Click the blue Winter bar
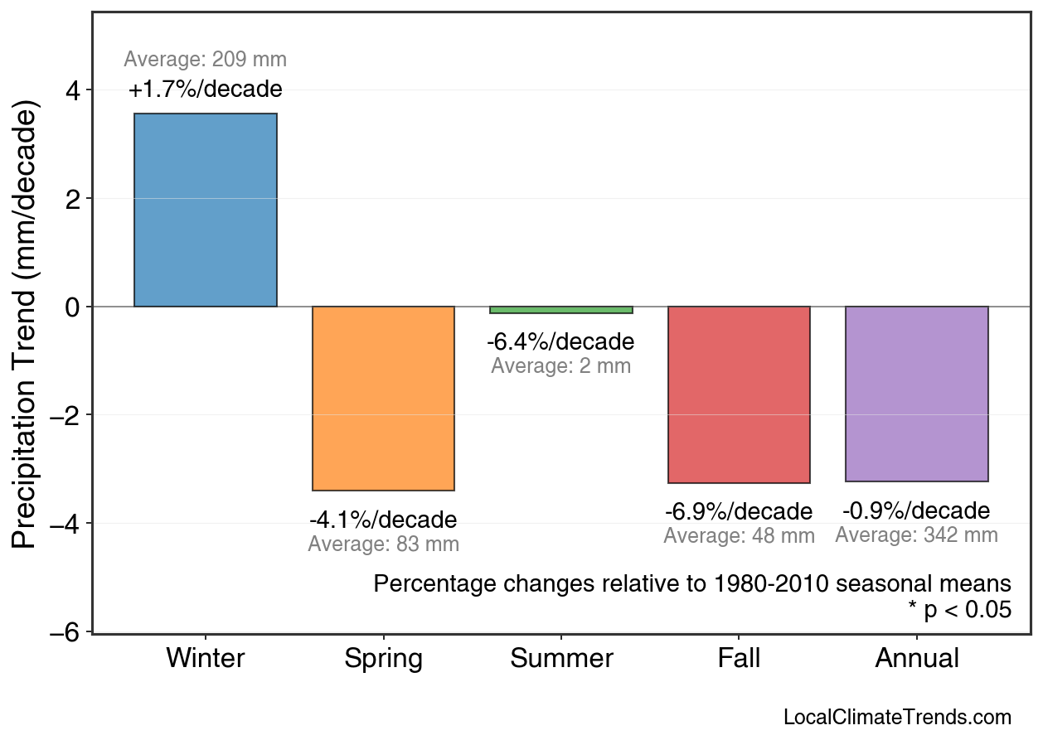tap(206, 210)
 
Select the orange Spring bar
tap(383, 399)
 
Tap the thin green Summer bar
tap(561, 310)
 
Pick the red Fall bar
tap(739, 394)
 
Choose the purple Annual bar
tap(916, 394)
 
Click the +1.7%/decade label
tap(206, 89)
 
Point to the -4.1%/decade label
tap(383, 520)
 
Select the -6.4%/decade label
tap(560, 341)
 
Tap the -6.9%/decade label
tap(739, 511)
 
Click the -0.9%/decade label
tap(916, 510)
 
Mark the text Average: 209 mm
tap(206, 60)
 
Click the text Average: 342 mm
tap(916, 535)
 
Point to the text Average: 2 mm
tap(560, 366)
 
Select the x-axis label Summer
tap(561, 659)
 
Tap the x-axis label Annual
tap(917, 659)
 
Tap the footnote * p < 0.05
tap(959, 611)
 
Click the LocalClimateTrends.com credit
tap(897, 718)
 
